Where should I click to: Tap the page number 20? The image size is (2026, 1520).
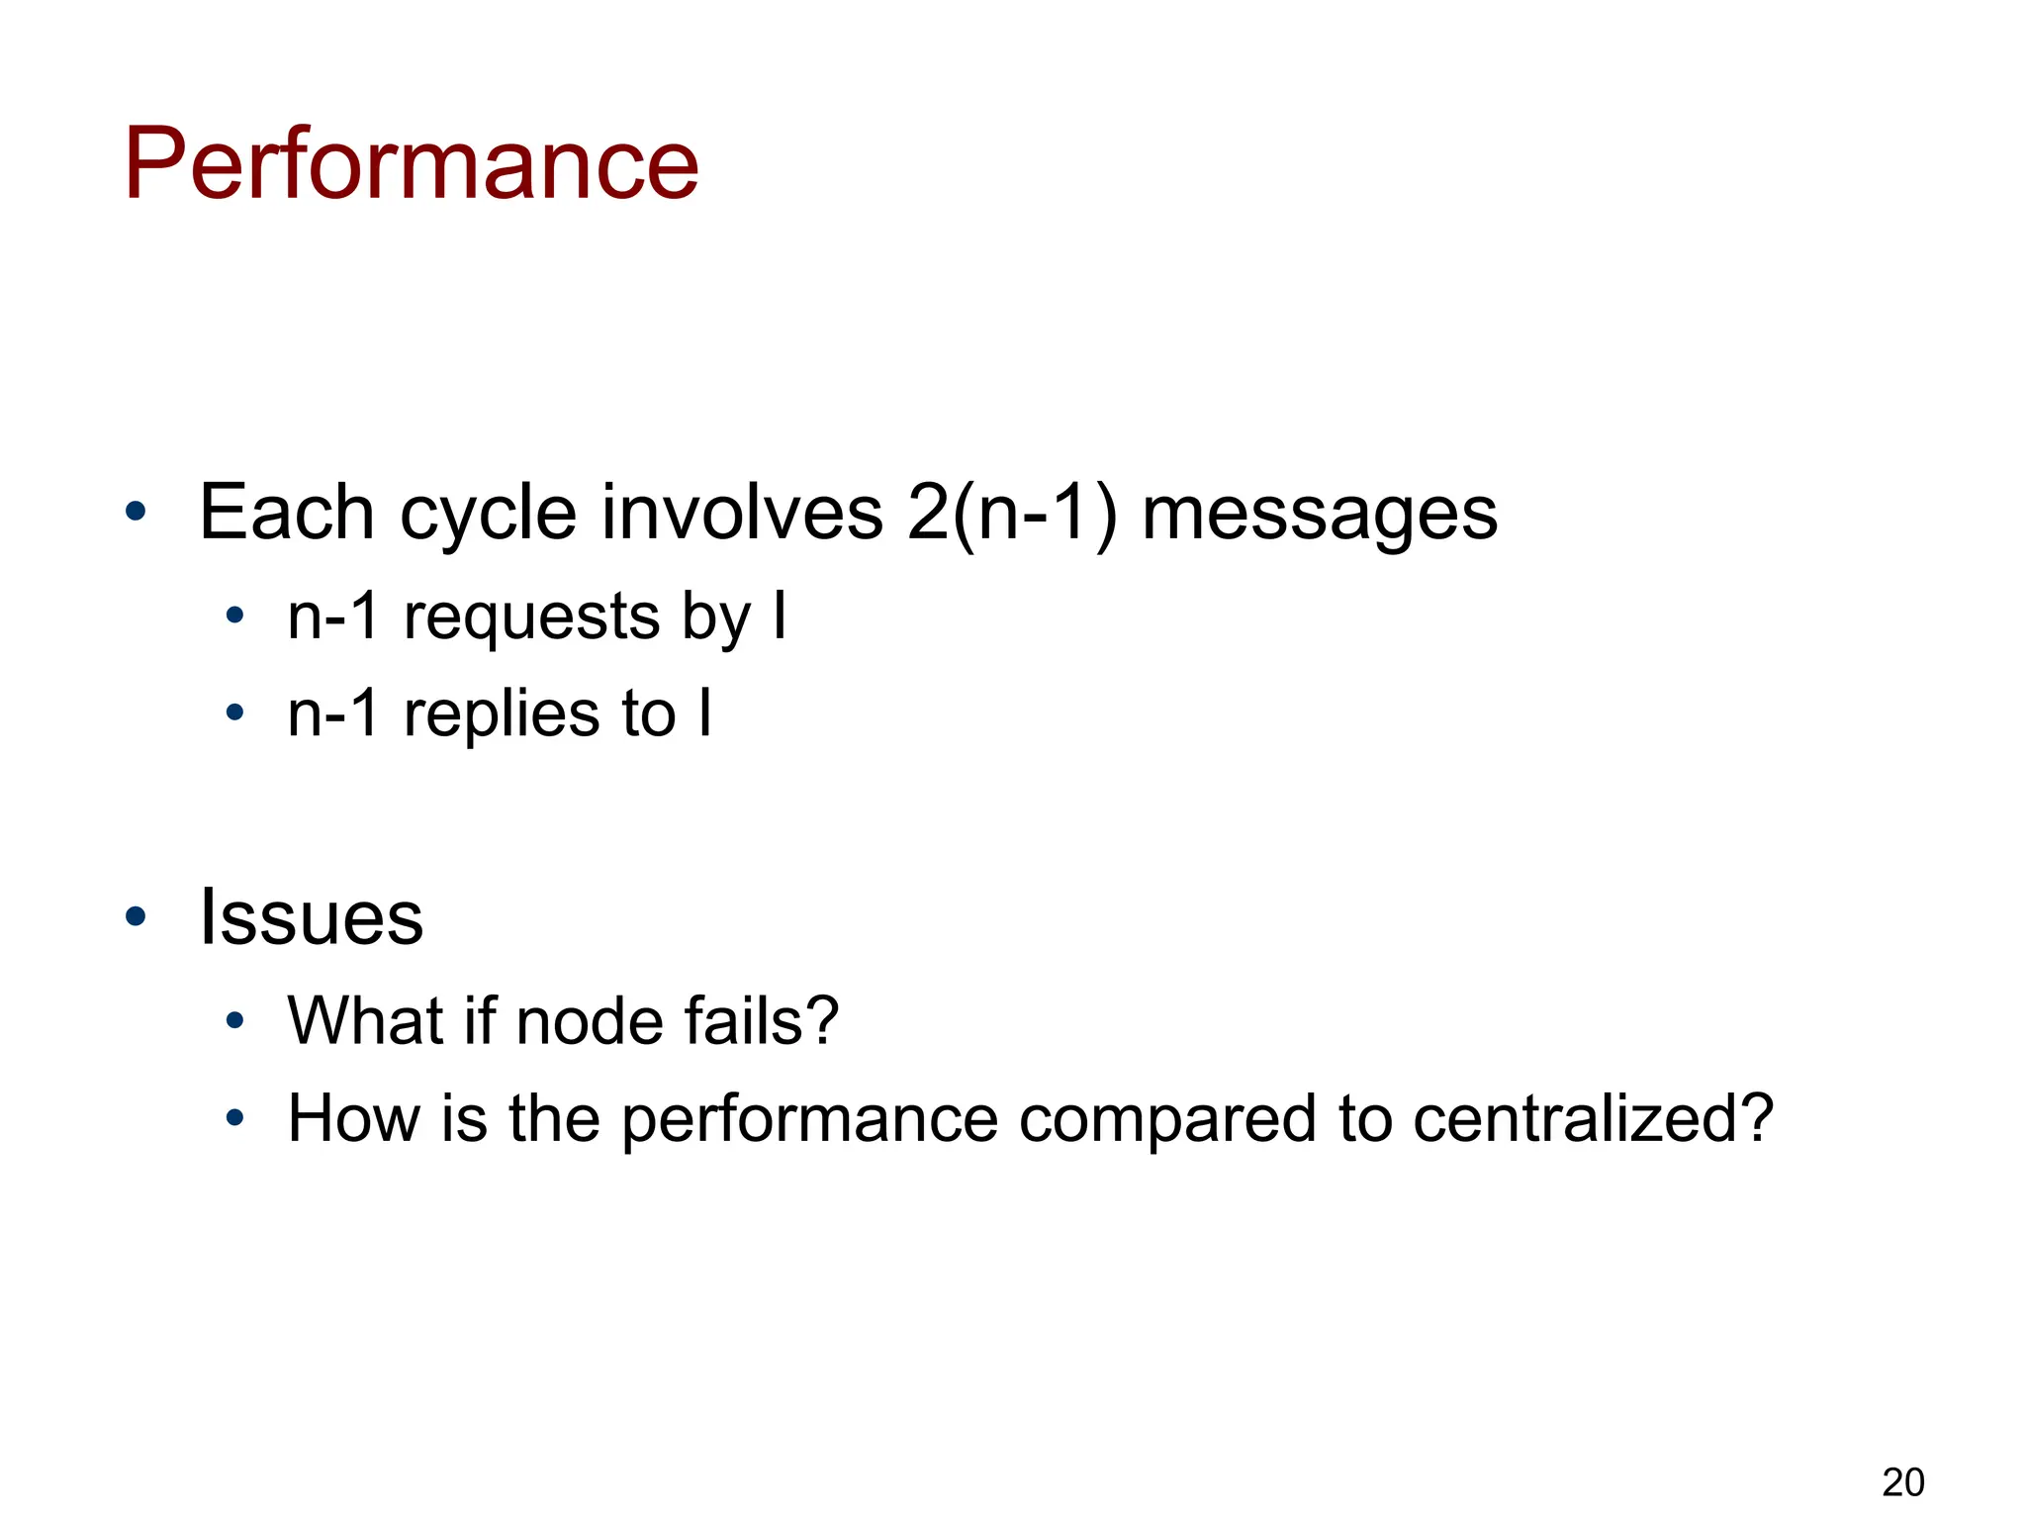tap(1902, 1482)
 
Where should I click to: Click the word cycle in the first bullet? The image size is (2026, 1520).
tap(487, 514)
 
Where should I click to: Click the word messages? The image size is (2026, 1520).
tap(1320, 516)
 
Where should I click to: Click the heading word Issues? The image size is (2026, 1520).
tap(311, 917)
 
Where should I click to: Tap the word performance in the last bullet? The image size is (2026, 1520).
tap(810, 1120)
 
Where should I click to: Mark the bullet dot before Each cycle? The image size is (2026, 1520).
tap(136, 513)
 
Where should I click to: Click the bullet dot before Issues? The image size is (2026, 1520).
tap(136, 916)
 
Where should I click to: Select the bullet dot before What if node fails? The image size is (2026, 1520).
tap(234, 1020)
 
